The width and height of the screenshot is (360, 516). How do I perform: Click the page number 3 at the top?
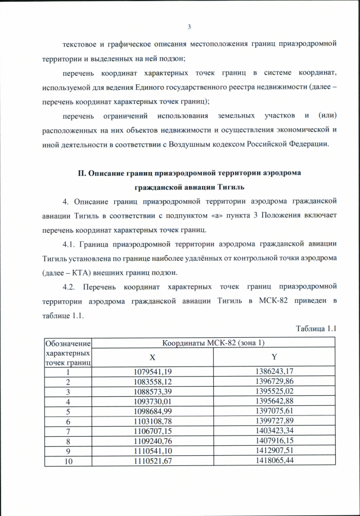[x=189, y=26]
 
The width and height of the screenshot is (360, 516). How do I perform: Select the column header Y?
[x=274, y=357]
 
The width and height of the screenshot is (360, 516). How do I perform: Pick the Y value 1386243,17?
[x=274, y=372]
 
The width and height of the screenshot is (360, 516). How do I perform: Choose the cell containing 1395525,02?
[x=274, y=391]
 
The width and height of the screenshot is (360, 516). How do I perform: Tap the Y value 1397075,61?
[x=274, y=410]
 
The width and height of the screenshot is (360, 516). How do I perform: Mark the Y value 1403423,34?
[x=274, y=429]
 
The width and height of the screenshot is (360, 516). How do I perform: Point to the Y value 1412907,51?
[x=274, y=448]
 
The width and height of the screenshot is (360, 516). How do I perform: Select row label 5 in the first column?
[x=67, y=410]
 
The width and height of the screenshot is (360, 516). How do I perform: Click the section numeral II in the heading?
[x=81, y=173]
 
